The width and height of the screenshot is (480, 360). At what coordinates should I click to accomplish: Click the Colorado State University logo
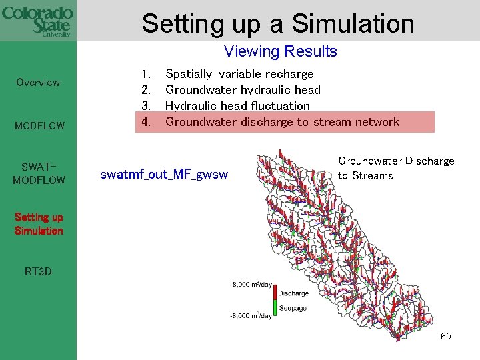click(x=37, y=21)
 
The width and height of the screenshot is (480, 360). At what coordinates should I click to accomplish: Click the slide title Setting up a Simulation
click(x=277, y=23)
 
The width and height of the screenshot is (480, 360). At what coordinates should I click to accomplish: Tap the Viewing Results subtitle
click(x=280, y=51)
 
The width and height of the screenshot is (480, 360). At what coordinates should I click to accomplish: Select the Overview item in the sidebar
click(x=38, y=83)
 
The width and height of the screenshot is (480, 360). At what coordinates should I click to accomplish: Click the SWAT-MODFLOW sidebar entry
click(x=39, y=173)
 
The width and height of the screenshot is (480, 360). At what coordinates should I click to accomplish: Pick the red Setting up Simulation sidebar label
click(x=39, y=224)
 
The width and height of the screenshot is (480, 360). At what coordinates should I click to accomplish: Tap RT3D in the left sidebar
click(x=38, y=271)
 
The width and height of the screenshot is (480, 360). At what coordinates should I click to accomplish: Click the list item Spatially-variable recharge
click(x=239, y=74)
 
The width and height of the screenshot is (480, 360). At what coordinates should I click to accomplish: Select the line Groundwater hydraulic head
click(x=243, y=90)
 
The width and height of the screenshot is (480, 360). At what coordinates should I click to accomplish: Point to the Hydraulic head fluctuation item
click(x=237, y=106)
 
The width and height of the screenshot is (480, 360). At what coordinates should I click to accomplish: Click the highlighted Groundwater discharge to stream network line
click(x=282, y=122)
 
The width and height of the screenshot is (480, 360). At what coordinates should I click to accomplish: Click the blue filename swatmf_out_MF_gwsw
click(x=164, y=175)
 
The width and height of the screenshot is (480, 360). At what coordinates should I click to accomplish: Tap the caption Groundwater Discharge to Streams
click(x=396, y=168)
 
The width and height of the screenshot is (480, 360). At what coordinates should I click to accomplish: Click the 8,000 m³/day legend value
click(x=251, y=285)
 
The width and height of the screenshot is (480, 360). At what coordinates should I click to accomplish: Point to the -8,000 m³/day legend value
click(x=251, y=315)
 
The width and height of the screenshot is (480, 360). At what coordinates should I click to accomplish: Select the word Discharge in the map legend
click(x=293, y=293)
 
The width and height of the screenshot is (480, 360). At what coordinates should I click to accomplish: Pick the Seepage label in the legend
click(x=292, y=308)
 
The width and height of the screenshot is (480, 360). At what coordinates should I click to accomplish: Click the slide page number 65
click(x=445, y=336)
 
